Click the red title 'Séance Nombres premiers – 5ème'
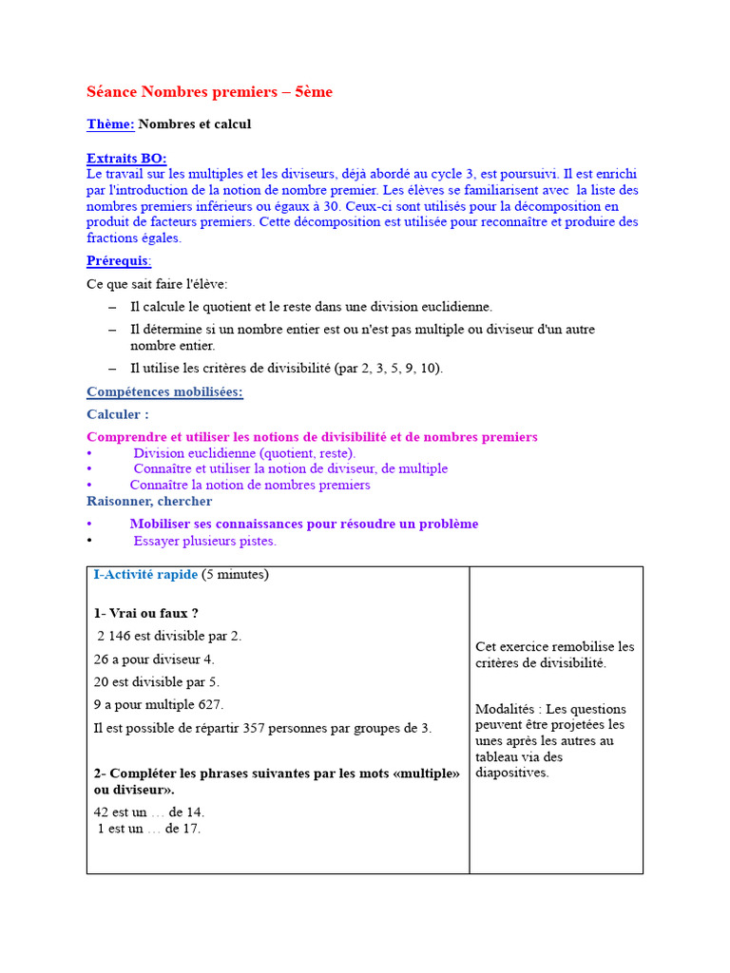point(209,92)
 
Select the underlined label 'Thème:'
point(110,124)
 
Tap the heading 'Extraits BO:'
point(126,159)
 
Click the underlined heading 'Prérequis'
point(118,260)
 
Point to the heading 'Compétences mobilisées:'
point(164,391)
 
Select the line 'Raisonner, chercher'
point(149,501)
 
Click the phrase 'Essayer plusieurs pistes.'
point(204,541)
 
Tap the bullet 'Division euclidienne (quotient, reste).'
point(244,453)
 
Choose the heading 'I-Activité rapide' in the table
point(145,575)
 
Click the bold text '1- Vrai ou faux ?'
point(145,614)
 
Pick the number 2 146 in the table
point(117,637)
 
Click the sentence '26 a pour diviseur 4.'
point(154,659)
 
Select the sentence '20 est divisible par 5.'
point(156,682)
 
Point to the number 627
point(210,705)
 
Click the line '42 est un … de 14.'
point(149,812)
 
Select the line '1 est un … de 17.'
point(149,829)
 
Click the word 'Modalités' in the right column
point(507,709)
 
